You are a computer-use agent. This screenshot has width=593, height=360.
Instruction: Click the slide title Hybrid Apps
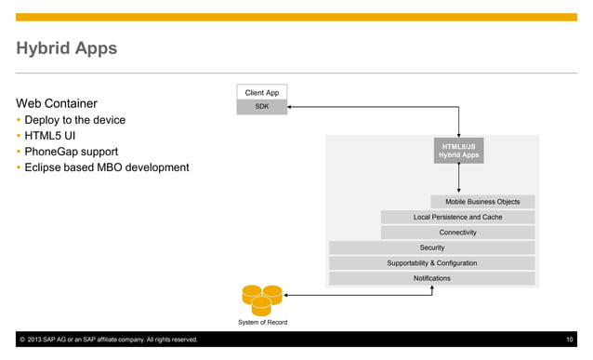click(x=66, y=48)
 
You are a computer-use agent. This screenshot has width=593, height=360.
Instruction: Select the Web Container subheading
click(x=57, y=103)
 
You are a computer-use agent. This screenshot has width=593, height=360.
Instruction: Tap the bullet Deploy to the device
click(x=74, y=120)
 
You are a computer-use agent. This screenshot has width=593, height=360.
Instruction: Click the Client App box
click(x=261, y=93)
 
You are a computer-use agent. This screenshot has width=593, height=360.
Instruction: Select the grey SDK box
click(x=261, y=107)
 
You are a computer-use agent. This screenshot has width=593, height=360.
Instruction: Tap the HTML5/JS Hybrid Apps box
click(x=458, y=151)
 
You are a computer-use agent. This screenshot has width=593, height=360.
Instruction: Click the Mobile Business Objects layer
click(x=482, y=202)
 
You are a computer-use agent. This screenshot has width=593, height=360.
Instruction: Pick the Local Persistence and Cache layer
click(x=457, y=217)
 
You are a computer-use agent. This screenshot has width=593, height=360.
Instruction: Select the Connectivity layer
click(x=457, y=233)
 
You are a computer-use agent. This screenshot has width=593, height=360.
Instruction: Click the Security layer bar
click(x=431, y=247)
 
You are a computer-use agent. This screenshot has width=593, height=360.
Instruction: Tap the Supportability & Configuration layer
click(x=431, y=263)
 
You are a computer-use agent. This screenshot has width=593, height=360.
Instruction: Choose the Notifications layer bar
click(x=431, y=278)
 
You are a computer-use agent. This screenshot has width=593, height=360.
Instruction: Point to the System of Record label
click(x=262, y=323)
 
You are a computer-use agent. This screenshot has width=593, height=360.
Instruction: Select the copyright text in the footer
click(x=107, y=340)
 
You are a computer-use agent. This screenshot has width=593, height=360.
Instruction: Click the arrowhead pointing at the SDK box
click(x=291, y=108)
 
